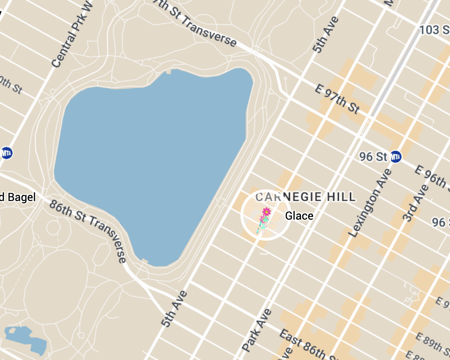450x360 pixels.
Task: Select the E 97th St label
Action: click(x=337, y=99)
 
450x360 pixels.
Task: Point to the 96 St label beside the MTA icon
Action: click(x=374, y=157)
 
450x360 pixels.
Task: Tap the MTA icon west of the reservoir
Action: click(x=6, y=152)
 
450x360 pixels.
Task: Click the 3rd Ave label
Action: click(x=414, y=203)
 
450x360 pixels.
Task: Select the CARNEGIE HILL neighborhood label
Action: click(x=305, y=196)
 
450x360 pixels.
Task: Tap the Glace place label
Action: click(x=299, y=216)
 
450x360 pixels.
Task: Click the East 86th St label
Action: click(x=307, y=345)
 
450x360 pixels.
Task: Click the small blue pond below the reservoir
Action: click(x=26, y=339)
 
